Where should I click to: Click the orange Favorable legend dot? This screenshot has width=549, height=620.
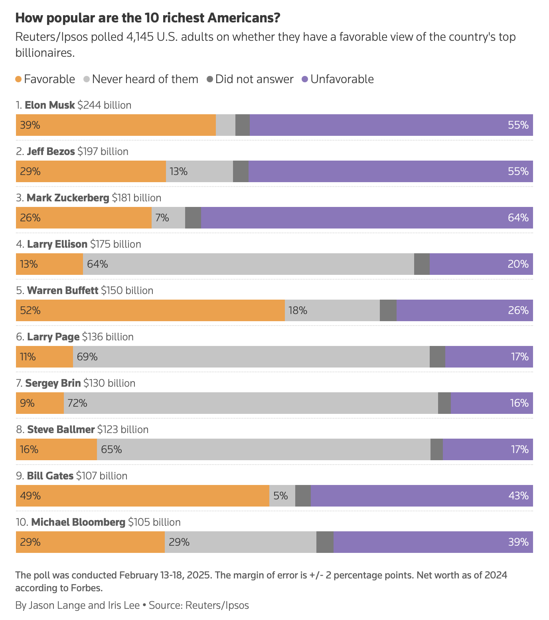(x=18, y=79)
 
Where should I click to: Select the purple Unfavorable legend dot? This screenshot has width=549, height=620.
(x=305, y=79)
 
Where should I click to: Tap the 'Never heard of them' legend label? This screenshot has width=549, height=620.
(x=145, y=79)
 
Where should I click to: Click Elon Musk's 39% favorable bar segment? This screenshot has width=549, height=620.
(x=116, y=125)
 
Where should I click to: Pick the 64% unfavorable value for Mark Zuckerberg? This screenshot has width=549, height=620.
(x=518, y=218)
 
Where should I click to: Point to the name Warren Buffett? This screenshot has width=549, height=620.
(x=62, y=290)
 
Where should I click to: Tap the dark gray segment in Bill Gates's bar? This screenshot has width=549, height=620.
(x=303, y=496)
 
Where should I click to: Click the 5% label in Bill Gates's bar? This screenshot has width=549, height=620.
(x=280, y=496)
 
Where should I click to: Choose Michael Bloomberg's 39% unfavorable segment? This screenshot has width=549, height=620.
(x=433, y=542)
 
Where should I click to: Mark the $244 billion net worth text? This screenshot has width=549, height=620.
(x=104, y=105)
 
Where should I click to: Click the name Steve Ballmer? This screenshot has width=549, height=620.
(x=61, y=429)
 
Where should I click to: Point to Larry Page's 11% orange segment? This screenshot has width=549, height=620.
(x=44, y=357)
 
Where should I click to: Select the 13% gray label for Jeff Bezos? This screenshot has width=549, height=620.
(x=178, y=171)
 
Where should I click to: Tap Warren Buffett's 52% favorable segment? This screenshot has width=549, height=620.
(x=150, y=310)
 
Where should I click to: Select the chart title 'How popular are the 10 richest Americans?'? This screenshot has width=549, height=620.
(x=148, y=18)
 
